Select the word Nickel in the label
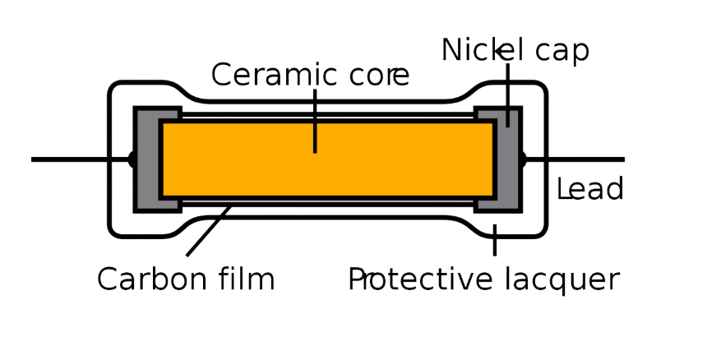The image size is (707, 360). coord(474,50)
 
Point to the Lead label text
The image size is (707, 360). coord(589,190)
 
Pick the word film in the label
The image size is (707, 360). coord(246,279)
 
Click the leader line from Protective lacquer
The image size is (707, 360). coord(494,240)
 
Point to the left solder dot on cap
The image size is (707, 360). coord(131,159)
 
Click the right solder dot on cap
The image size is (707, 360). coord(521,159)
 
